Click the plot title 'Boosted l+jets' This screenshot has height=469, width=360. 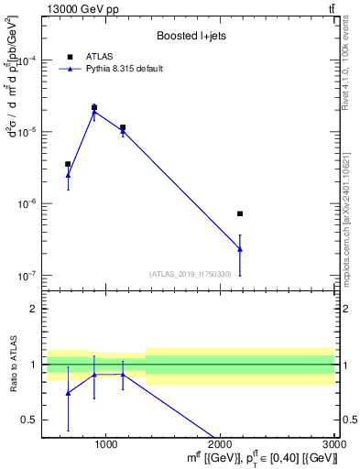[188, 37]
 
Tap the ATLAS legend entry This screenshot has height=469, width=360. [93, 56]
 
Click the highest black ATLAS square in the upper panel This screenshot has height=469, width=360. [94, 108]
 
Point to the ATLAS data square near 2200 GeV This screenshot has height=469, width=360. [240, 213]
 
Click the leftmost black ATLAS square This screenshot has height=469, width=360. [68, 164]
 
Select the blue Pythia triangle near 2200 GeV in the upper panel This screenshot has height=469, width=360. [240, 249]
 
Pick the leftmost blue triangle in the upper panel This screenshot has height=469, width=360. [68, 174]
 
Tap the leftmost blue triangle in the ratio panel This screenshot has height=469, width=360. [68, 393]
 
